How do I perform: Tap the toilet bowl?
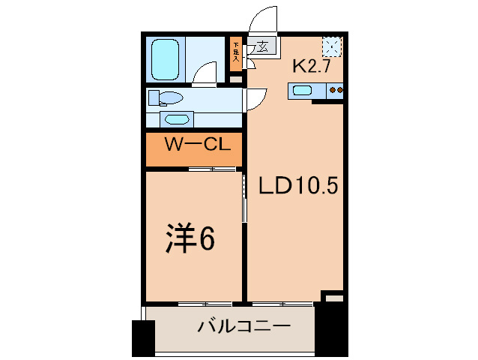click(167, 98)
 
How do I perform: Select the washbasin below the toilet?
click(177, 119)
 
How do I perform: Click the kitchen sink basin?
click(303, 91)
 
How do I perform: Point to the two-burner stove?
click(336, 91)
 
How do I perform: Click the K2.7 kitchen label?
click(312, 66)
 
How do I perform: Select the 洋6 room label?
click(190, 239)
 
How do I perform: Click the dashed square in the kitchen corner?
click(332, 47)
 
